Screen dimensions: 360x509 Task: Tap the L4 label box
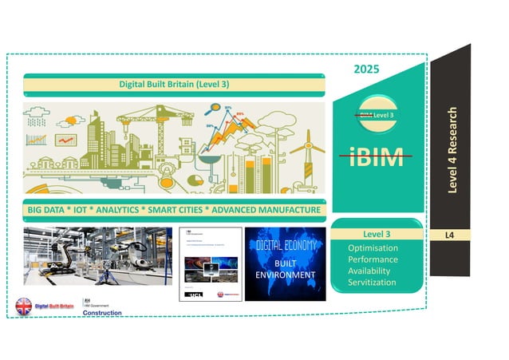[457, 235]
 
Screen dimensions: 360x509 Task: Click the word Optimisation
[373, 248]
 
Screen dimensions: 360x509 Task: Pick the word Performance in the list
[373, 260]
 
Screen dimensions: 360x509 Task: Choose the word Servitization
[373, 283]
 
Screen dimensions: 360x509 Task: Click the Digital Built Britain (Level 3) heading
[174, 82]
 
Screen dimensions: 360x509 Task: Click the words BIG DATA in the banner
[49, 210]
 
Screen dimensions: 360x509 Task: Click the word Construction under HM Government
[103, 312]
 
